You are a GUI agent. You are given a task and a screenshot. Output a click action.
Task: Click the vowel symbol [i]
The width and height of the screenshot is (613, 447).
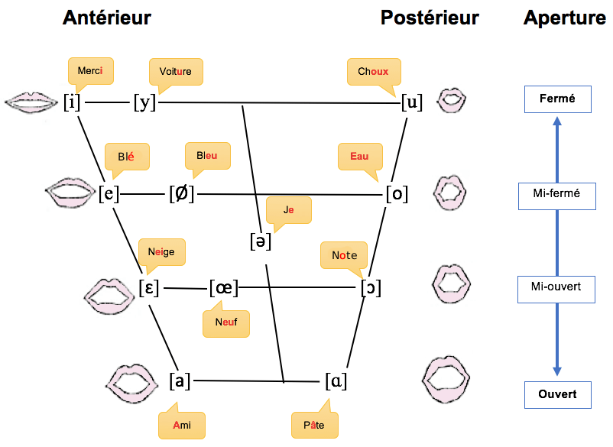[x=72, y=102]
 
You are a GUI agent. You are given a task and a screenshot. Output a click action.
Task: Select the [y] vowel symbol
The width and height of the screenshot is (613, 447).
[x=144, y=102]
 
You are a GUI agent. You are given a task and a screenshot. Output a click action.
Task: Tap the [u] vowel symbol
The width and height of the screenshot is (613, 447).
[x=412, y=102]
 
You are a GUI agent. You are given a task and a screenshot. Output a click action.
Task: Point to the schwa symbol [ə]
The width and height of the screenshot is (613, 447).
[x=261, y=241]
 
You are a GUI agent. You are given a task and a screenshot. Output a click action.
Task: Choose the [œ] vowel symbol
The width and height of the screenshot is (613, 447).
[x=224, y=288]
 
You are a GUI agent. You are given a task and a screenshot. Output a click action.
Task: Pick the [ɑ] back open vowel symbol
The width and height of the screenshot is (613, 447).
[x=336, y=380]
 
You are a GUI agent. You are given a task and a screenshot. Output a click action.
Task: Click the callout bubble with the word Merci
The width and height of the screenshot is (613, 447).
[x=90, y=70]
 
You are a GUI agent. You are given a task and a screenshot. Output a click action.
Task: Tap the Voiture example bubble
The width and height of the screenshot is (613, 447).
[x=176, y=72]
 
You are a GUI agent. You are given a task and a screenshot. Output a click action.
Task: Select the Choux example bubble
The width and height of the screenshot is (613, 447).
[x=373, y=72]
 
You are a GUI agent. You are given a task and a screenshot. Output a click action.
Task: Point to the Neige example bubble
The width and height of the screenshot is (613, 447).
[x=161, y=251]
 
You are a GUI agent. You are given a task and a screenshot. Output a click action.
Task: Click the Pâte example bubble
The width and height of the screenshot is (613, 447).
[x=314, y=424]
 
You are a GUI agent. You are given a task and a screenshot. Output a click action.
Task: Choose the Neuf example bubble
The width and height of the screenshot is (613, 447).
[x=226, y=322]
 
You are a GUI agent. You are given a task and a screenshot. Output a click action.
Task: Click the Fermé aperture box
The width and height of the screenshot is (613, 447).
[x=556, y=99]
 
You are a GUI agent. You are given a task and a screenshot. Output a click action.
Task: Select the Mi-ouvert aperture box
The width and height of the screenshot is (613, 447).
[x=556, y=287]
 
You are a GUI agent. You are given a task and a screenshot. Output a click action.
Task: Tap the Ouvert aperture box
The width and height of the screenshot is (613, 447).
[x=556, y=394]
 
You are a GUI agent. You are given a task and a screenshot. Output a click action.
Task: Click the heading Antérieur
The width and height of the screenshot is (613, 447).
[x=107, y=18]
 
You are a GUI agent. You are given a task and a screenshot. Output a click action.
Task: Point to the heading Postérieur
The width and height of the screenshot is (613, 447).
[x=430, y=18]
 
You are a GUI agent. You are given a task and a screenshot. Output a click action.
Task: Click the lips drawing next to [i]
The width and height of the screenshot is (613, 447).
[x=31, y=102]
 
